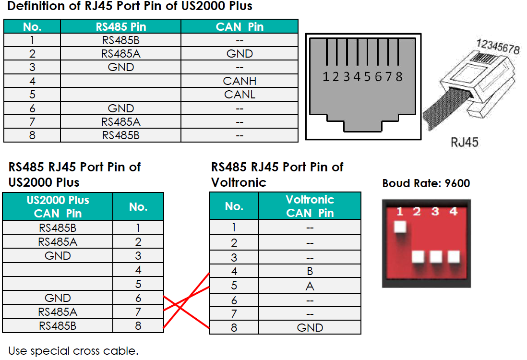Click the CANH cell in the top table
(240, 81)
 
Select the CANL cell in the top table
(240, 95)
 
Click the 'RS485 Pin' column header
(120, 26)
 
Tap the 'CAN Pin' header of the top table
(240, 26)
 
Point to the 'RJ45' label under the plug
(464, 142)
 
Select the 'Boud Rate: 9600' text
(426, 183)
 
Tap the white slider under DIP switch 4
(454, 256)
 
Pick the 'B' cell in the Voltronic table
(310, 272)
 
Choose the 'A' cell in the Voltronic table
(310, 287)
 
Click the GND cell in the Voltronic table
(310, 328)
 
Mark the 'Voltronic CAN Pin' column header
(310, 206)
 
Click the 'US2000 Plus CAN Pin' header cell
(58, 206)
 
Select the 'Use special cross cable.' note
(73, 350)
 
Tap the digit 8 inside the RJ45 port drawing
(399, 76)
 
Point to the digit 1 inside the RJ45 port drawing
(326, 76)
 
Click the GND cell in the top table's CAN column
(240, 54)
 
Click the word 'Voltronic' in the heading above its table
(239, 182)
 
